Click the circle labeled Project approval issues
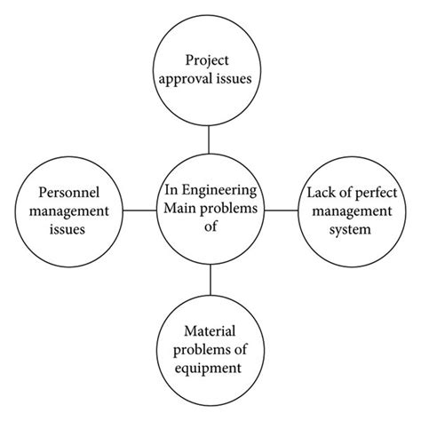tap(210, 71)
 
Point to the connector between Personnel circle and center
tap(137, 210)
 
